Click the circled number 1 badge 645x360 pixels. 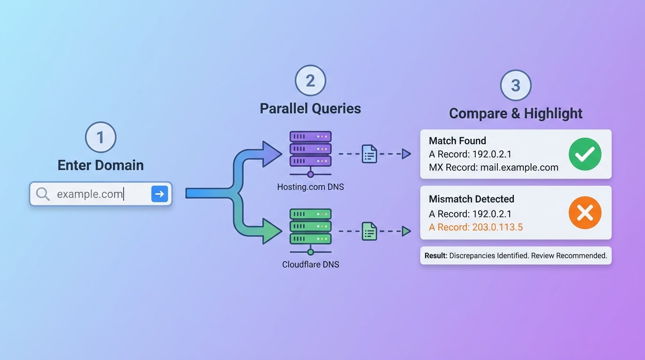pos(100,138)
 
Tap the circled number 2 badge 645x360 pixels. pos(310,81)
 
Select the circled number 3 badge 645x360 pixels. pos(516,85)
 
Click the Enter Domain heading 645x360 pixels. pos(100,165)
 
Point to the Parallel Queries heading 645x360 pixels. pos(310,108)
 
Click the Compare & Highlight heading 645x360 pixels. pos(516,113)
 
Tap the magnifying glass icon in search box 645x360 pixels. pos(43,194)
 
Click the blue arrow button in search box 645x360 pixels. pos(159,194)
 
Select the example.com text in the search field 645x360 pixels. pos(90,194)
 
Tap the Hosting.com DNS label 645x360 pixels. pos(310,187)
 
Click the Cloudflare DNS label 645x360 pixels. pos(310,264)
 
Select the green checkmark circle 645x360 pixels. pos(585,154)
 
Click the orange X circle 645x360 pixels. pos(585,213)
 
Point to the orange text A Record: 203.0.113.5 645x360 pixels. pos(476,227)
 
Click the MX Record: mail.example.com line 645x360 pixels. pos(494,167)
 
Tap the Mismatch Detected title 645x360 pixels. pos(472,199)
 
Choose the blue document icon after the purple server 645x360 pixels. pos(369,154)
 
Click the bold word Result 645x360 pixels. pos(435,256)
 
